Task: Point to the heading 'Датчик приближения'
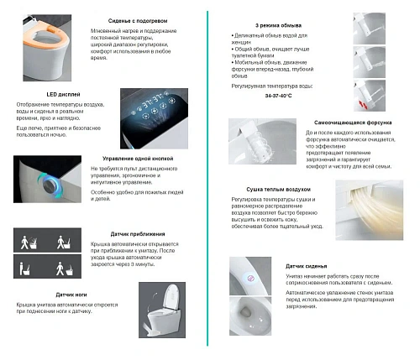138,233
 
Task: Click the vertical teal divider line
209,176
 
